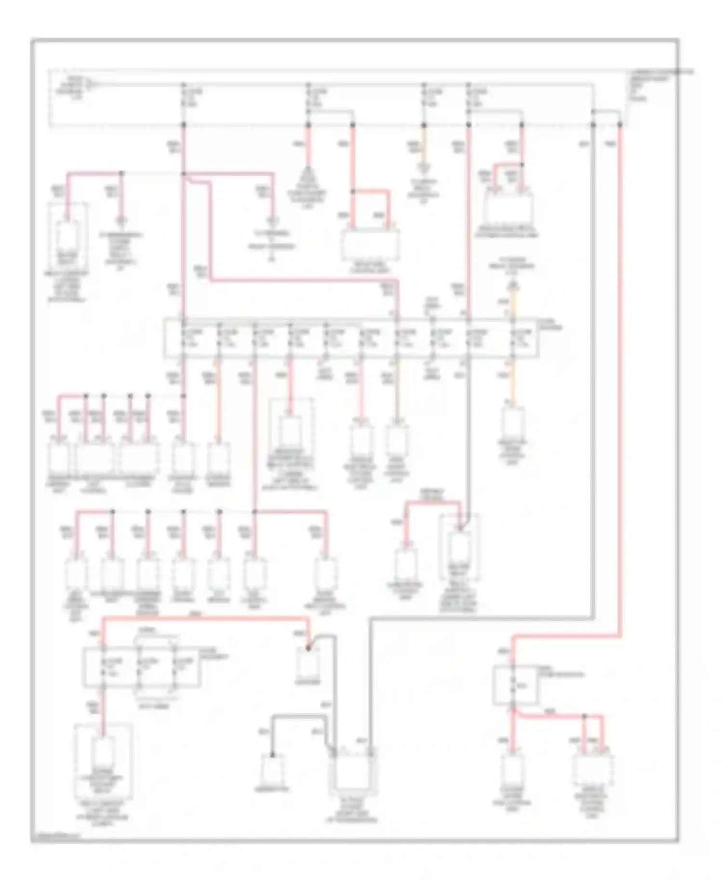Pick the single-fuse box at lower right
tap(515, 685)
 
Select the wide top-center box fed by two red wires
tap(370, 244)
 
